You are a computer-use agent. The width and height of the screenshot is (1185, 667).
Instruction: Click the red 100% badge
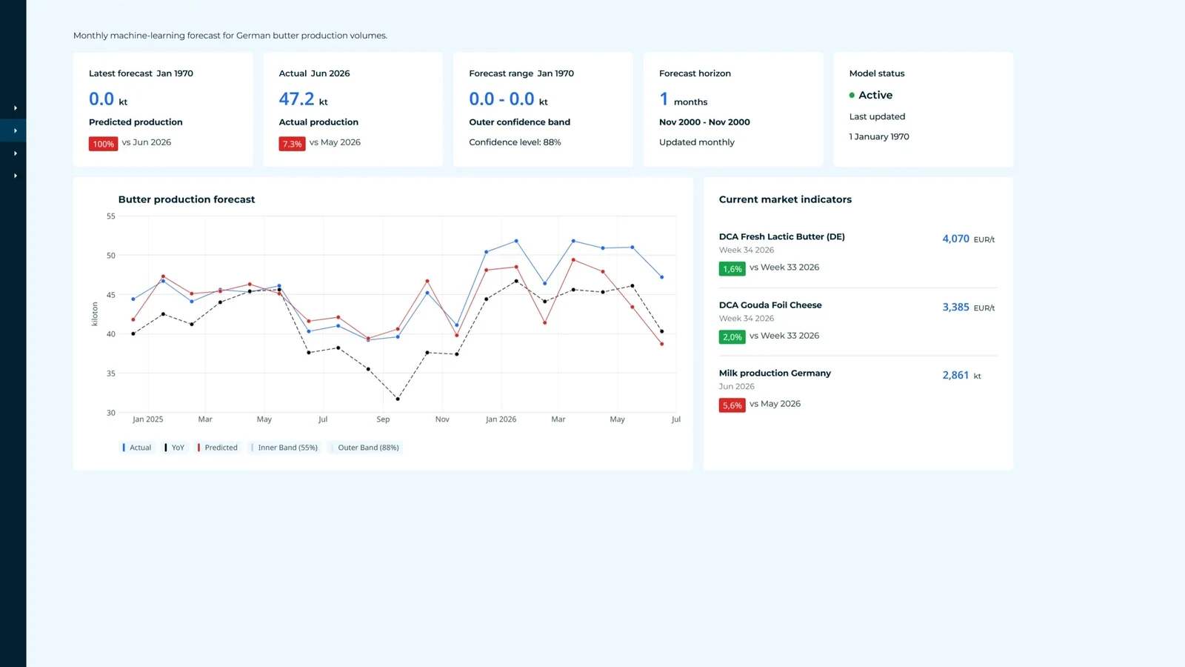[x=103, y=144]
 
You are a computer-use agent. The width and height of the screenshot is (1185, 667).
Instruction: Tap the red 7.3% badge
[x=292, y=144]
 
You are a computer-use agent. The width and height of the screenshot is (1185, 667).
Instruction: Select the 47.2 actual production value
[x=296, y=99]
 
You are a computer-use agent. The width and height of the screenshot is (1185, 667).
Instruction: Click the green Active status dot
[x=852, y=96]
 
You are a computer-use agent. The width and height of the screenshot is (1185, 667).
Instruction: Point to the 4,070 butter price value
[x=955, y=239]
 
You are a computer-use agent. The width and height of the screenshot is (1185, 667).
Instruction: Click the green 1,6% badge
[x=732, y=268]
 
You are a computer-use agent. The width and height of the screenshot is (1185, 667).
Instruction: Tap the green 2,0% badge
[x=732, y=336]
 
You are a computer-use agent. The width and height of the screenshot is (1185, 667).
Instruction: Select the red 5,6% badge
[x=732, y=405]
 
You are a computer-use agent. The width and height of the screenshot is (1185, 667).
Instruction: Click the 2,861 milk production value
[x=955, y=375]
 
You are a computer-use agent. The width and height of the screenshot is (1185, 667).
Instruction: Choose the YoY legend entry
[x=175, y=448]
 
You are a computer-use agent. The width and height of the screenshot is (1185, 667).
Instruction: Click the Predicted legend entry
[x=218, y=448]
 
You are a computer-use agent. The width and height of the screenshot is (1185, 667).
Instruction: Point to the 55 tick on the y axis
[x=110, y=216]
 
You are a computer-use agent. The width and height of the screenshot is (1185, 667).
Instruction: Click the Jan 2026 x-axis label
[x=501, y=419]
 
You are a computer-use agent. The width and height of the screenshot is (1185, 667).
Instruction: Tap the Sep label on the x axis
[x=383, y=419]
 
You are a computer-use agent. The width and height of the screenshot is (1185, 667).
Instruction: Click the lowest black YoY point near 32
[x=398, y=399]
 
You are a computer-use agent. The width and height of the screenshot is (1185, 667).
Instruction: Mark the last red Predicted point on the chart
[x=662, y=344]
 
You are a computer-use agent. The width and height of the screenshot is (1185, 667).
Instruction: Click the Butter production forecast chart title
[x=187, y=199]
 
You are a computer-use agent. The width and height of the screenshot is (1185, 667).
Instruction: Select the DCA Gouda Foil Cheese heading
[x=770, y=305]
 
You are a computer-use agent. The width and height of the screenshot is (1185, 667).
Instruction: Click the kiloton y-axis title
[x=95, y=314]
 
